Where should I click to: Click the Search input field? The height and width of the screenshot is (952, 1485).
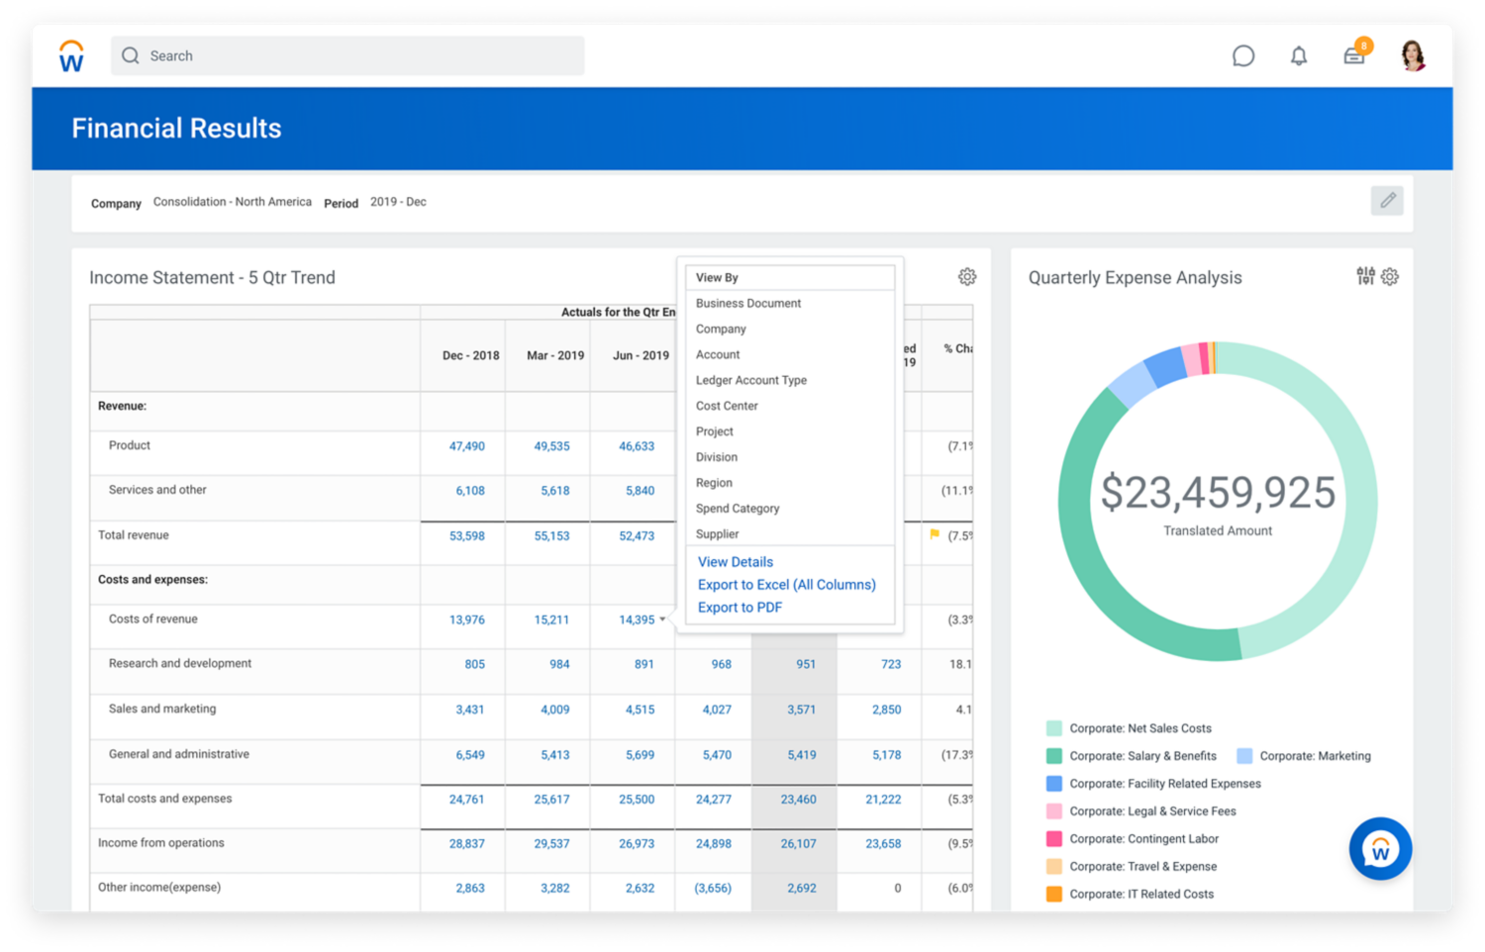(x=346, y=56)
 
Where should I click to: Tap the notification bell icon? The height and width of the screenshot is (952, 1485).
(x=1299, y=56)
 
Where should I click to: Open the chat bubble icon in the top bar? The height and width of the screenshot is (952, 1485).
(x=1243, y=56)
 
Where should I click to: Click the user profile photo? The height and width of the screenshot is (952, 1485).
(x=1413, y=55)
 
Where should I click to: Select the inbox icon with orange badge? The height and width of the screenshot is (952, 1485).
(x=1354, y=55)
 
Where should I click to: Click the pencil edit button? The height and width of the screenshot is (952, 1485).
(x=1388, y=201)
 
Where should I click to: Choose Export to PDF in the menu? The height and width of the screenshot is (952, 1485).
(x=740, y=608)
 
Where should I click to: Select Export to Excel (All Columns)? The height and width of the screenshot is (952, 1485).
(x=786, y=585)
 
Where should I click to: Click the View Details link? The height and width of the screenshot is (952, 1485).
(x=735, y=562)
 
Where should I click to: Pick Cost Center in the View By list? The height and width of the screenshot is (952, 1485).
(x=727, y=406)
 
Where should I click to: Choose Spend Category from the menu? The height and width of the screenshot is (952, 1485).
(x=738, y=509)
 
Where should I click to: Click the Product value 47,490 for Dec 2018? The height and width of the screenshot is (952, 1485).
(x=466, y=446)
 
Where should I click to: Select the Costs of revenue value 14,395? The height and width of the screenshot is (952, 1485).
(x=637, y=620)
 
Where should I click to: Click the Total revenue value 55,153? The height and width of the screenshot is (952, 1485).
(x=551, y=536)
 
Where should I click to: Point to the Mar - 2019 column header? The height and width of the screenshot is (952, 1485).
(x=554, y=355)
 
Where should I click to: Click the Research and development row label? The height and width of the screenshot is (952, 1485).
(x=180, y=664)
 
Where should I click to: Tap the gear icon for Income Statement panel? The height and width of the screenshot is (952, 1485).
(x=967, y=277)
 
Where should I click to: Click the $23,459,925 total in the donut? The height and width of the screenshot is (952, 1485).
(x=1218, y=493)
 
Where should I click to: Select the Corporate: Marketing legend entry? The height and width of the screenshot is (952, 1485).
(x=1314, y=756)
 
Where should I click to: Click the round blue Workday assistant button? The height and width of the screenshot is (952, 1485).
(x=1380, y=849)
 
